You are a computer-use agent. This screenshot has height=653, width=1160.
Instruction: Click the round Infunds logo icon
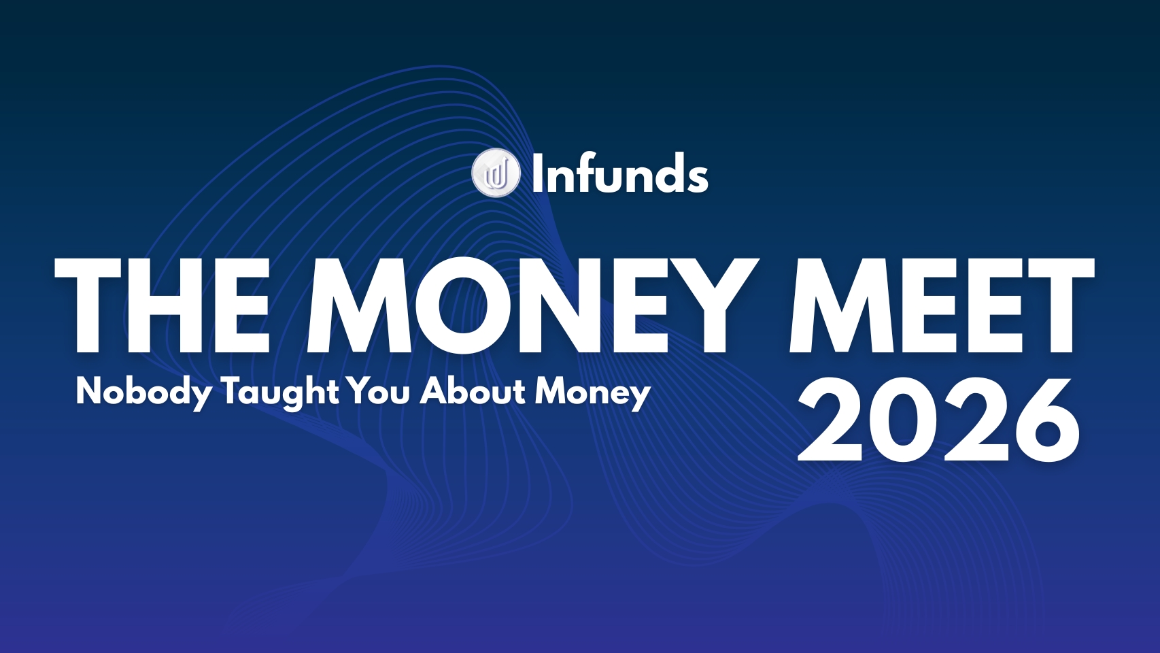click(496, 173)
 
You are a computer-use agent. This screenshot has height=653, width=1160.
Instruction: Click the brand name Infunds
click(620, 173)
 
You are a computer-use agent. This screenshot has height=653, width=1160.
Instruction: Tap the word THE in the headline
click(161, 306)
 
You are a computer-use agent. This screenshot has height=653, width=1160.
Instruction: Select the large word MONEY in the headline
click(533, 306)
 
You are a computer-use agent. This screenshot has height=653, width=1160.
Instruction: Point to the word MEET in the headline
click(942, 306)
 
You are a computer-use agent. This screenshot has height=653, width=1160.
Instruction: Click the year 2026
click(938, 419)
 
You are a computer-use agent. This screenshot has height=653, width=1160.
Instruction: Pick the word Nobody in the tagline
click(143, 392)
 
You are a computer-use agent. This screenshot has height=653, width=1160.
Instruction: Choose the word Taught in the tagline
click(281, 392)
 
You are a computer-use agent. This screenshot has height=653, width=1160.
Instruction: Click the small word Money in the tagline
click(593, 392)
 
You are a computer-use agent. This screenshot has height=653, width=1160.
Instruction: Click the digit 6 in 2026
click(1044, 420)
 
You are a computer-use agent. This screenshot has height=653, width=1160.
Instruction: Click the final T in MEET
click(1058, 306)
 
